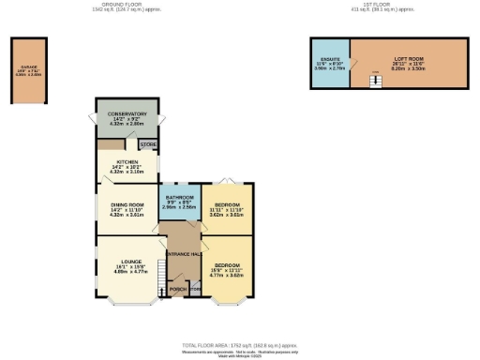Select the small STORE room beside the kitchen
pos(148,145)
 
